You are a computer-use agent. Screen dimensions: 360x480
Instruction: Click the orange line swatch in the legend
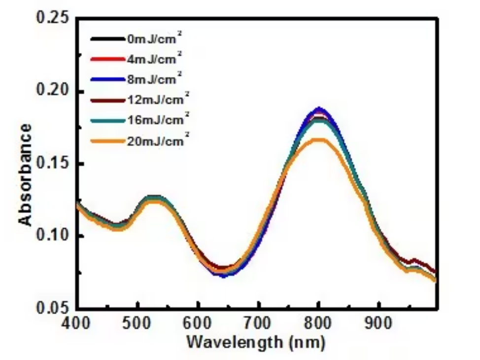[x=105, y=142]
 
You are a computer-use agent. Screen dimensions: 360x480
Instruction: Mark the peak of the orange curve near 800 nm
[x=319, y=140]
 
